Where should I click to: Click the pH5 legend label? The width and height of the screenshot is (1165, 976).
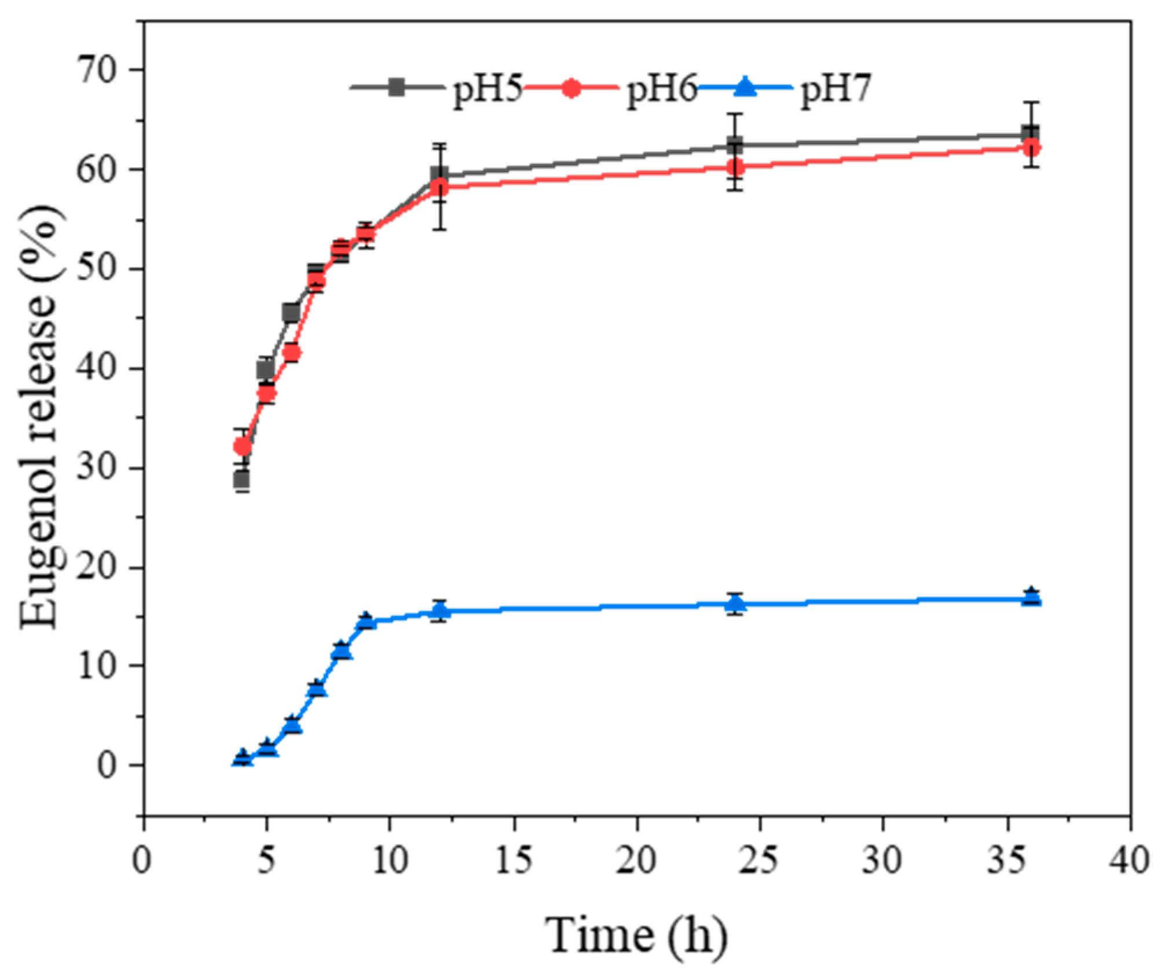tap(488, 91)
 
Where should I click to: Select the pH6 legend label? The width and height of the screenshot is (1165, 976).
tap(662, 91)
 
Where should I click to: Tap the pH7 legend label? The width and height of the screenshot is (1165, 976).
tap(836, 91)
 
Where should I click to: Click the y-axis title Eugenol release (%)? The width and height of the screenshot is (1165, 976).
tap(41, 416)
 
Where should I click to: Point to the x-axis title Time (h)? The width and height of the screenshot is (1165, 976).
tap(636, 935)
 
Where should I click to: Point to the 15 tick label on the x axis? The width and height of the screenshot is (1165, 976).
tap(514, 860)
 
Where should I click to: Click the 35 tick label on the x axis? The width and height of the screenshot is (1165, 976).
tap(1008, 860)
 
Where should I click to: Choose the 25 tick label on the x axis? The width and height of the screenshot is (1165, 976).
tap(760, 860)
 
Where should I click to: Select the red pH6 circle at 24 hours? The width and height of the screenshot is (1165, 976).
tap(735, 168)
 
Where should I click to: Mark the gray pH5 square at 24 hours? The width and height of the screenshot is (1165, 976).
tap(735, 145)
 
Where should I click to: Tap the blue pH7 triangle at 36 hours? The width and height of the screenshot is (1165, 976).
tap(1031, 597)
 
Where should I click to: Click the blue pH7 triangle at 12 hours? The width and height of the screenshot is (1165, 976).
tap(440, 611)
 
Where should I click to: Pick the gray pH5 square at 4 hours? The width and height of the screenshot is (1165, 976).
tap(242, 480)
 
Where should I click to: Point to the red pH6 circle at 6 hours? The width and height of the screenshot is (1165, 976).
tap(292, 353)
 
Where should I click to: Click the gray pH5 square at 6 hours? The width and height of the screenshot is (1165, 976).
tap(291, 313)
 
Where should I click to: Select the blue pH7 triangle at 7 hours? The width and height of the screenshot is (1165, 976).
tap(317, 688)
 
